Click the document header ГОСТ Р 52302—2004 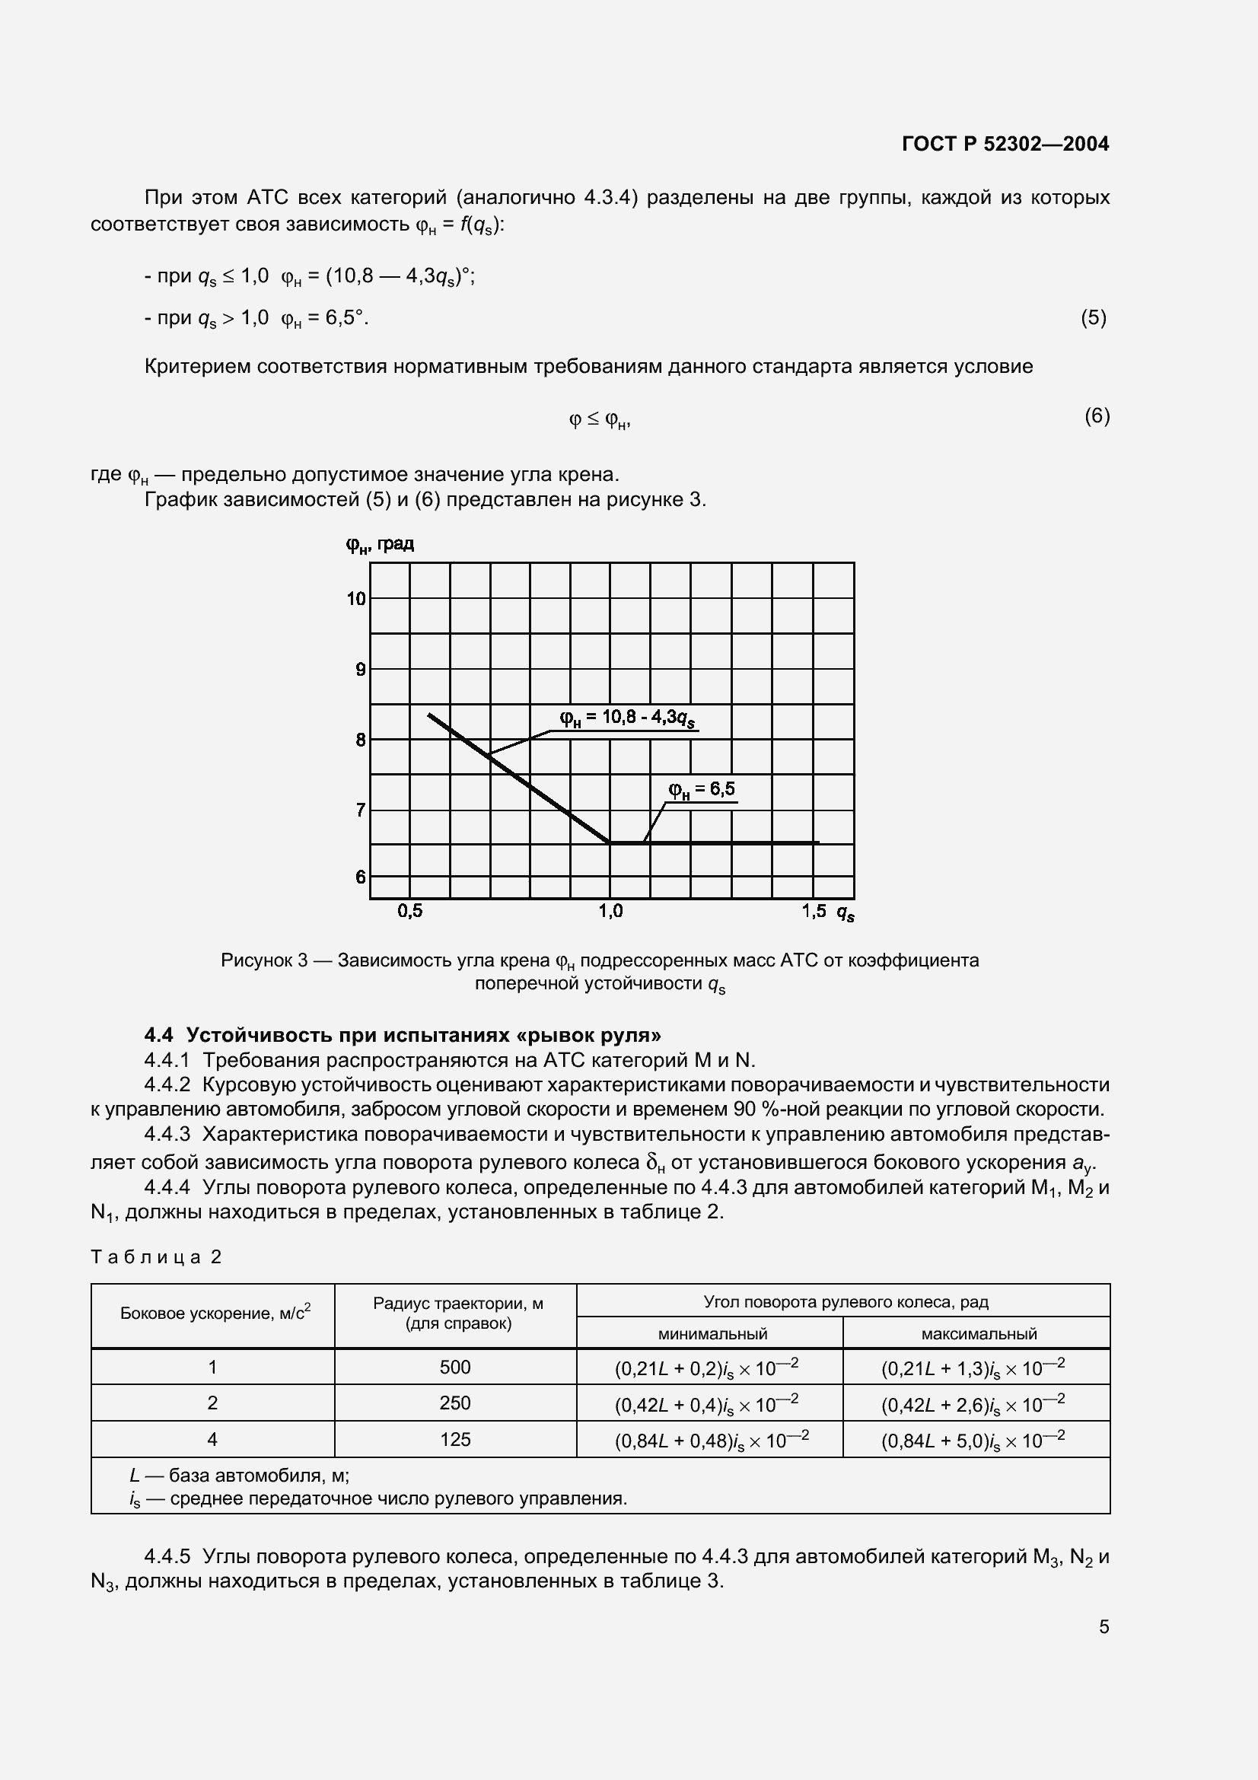(x=1005, y=143)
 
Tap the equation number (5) (x=1093, y=317)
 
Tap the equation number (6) (x=1097, y=416)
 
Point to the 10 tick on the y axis (x=355, y=598)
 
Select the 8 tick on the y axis (x=361, y=740)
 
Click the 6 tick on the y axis (x=361, y=877)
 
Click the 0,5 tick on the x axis (x=410, y=911)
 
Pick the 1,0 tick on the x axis (x=610, y=911)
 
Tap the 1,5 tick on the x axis (x=814, y=911)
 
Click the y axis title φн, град (x=380, y=544)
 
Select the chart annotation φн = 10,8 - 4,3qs (x=627, y=718)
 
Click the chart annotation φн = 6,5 (x=702, y=789)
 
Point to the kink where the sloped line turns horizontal (x=610, y=842)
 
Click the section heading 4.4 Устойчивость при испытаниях (x=403, y=1035)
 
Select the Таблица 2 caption (x=157, y=1256)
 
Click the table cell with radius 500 (x=455, y=1367)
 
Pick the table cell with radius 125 (x=455, y=1439)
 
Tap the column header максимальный (x=978, y=1333)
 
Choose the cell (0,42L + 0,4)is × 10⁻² (x=706, y=1403)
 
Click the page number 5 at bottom (x=1104, y=1626)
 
